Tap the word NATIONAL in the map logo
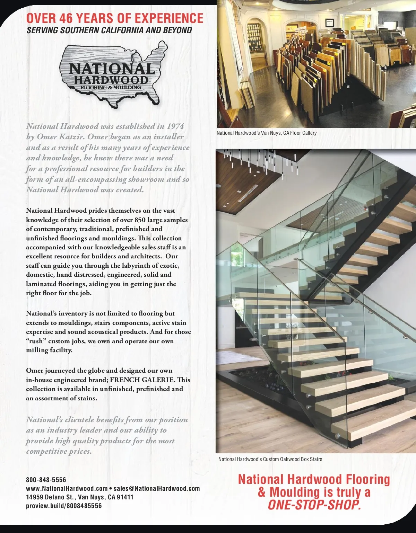point(112,69)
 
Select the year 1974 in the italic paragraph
point(175,126)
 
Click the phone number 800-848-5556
point(46,480)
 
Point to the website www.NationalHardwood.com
point(67,488)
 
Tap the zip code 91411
point(125,497)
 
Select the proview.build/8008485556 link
point(64,506)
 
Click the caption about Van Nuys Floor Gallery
point(267,133)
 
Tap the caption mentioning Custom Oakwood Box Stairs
point(270,459)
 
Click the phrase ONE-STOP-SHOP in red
point(314,505)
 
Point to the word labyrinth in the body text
point(133,266)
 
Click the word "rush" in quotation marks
point(36,341)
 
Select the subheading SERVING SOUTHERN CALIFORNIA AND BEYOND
point(109,30)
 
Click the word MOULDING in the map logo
point(127,87)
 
